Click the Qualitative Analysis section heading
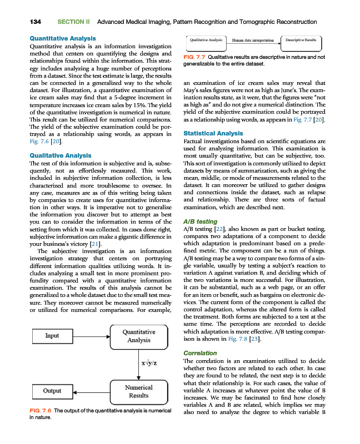click(59, 155)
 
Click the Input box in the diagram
click(53, 336)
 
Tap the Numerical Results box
click(138, 391)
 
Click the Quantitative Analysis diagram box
click(138, 336)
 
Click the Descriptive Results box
click(302, 41)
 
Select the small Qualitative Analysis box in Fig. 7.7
click(206, 41)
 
